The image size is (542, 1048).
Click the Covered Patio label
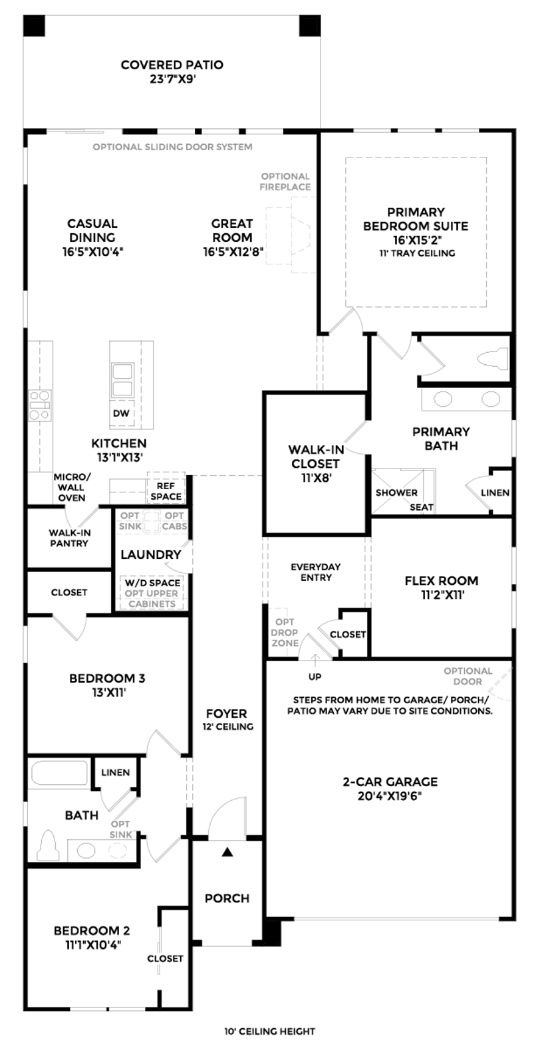[172, 65]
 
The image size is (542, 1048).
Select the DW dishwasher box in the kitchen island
[121, 413]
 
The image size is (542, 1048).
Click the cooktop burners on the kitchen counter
[39, 405]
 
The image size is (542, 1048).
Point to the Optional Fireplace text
[285, 181]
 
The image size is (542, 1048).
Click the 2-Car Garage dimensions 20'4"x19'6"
[390, 796]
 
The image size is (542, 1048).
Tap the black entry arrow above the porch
[227, 852]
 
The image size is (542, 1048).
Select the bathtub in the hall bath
[59, 772]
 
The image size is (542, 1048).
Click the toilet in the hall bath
[49, 845]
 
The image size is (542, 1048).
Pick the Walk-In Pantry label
[69, 538]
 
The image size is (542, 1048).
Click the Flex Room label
[442, 581]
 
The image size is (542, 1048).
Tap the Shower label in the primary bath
[396, 492]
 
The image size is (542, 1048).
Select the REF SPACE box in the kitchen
[166, 490]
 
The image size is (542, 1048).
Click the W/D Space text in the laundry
[152, 583]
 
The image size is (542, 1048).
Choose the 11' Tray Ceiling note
[417, 254]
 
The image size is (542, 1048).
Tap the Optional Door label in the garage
[468, 676]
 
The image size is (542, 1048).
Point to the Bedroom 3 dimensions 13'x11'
[108, 693]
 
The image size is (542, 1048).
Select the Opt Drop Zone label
[285, 633]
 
